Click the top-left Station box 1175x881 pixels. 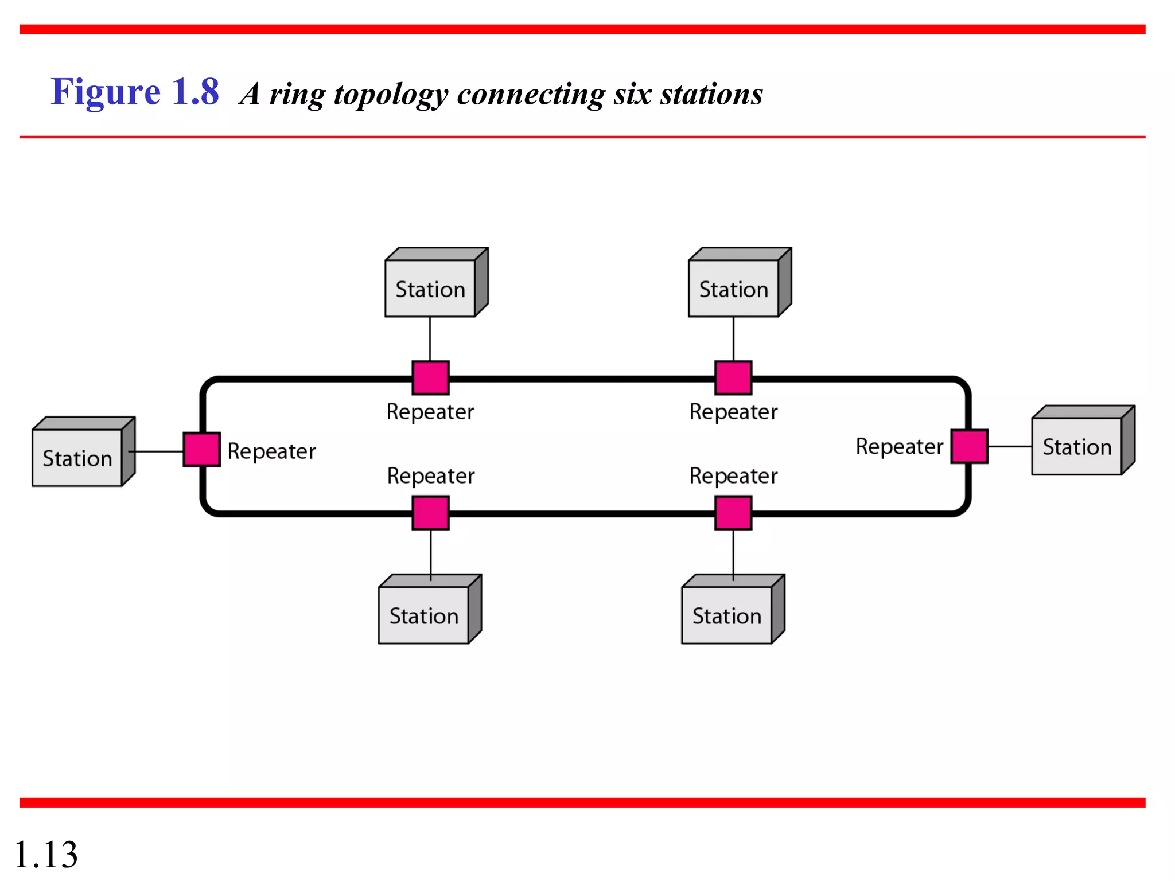(x=430, y=288)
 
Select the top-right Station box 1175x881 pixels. (x=733, y=288)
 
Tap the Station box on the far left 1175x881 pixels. (x=77, y=457)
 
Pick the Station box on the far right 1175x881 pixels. (x=1077, y=446)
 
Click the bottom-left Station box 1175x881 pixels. (x=424, y=615)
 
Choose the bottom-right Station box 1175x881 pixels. (x=727, y=615)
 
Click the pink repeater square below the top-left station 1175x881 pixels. (x=430, y=377)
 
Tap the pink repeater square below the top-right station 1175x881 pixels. (x=733, y=377)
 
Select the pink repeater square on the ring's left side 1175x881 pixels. (x=201, y=449)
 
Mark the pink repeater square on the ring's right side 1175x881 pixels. (x=969, y=446)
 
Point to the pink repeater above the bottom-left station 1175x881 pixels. (x=430, y=513)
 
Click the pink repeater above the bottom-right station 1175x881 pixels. (x=733, y=513)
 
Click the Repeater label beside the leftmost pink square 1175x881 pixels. (x=271, y=451)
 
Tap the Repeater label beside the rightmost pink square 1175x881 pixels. (x=899, y=446)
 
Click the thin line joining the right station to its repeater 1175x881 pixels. (x=1010, y=446)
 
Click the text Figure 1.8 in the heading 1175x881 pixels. (x=135, y=92)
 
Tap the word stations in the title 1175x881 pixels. (x=711, y=93)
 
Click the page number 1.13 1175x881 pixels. (x=46, y=854)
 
